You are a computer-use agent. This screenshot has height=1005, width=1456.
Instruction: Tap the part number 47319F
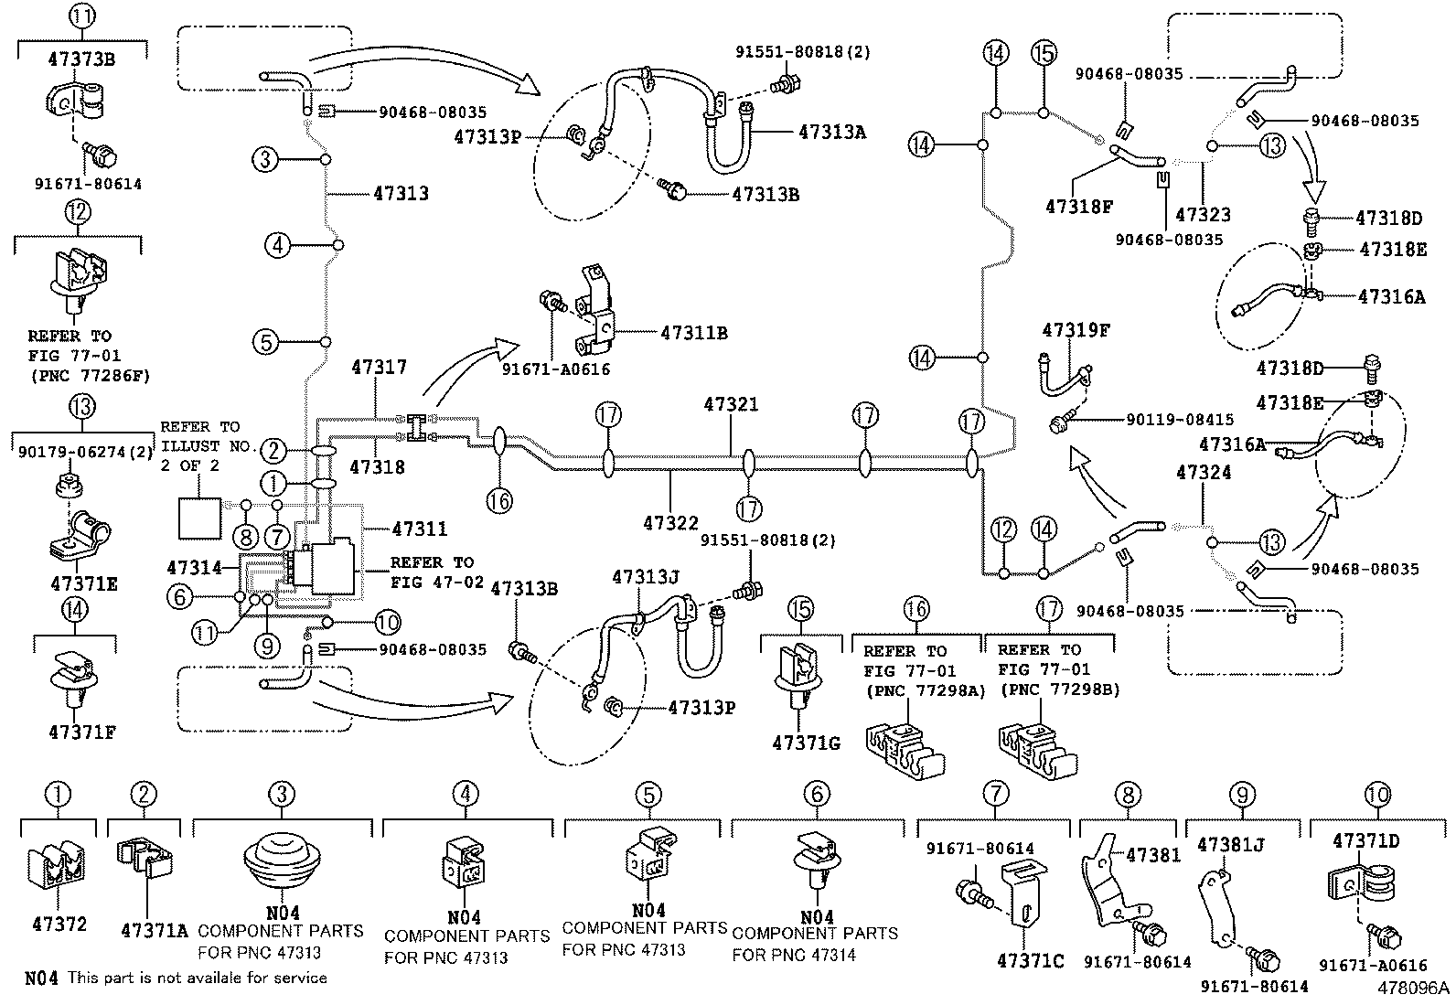[x=1075, y=330]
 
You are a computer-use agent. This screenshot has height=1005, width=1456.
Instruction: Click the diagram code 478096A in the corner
[x=1415, y=989]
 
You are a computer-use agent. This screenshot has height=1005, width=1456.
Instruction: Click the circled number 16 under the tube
[x=499, y=500]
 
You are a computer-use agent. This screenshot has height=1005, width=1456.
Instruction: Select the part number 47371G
[x=805, y=743]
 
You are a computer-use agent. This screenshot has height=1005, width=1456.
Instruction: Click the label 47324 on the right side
[x=1204, y=473]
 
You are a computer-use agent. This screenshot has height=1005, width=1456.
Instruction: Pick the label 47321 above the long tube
[x=731, y=404]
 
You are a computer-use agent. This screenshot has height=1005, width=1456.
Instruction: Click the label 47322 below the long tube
[x=670, y=523]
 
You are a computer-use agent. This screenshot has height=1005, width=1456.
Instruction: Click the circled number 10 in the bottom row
[x=1376, y=794]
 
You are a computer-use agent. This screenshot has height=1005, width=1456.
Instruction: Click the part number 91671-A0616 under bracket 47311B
[x=555, y=369]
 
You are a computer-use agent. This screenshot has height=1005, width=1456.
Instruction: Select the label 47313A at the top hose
[x=831, y=132]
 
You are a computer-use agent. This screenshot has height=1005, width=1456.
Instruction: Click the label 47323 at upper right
[x=1203, y=215]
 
